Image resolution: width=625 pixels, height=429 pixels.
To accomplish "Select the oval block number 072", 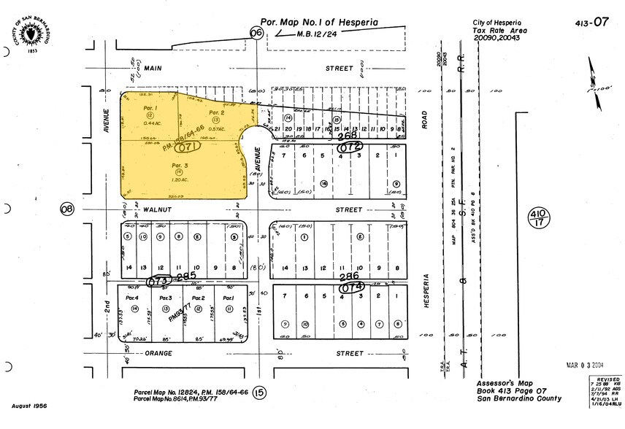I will coord(350,147).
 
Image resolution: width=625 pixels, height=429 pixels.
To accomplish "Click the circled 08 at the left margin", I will coord(68,209).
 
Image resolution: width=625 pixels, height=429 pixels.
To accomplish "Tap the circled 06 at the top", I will coord(256,32).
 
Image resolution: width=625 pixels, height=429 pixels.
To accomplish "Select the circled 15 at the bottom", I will coord(261,394).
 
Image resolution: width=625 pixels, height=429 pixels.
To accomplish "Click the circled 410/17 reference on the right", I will coord(538,217).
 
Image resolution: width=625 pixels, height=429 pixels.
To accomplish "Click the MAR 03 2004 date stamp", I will coord(585,364).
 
